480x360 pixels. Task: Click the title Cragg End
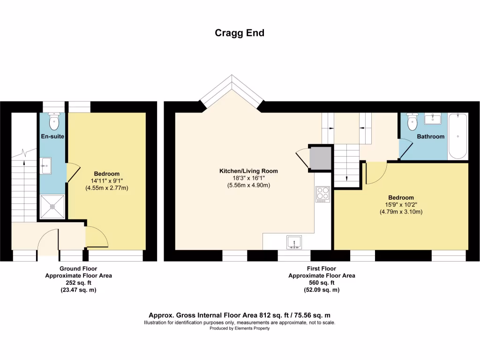click(x=240, y=33)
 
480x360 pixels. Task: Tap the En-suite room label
click(x=52, y=136)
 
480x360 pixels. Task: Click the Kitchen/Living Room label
click(x=248, y=171)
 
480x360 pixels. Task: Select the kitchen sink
click(x=294, y=242)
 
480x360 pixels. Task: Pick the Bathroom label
click(x=431, y=137)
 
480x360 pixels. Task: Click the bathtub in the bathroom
click(x=457, y=136)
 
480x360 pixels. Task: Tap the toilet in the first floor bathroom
click(x=412, y=122)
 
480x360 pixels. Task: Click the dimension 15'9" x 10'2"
click(x=401, y=205)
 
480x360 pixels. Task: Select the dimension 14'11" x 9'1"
click(x=106, y=181)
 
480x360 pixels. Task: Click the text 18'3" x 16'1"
click(x=248, y=178)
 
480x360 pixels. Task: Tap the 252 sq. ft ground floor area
click(x=78, y=283)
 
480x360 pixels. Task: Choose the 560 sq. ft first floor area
click(x=321, y=283)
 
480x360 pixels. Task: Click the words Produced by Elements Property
click(x=240, y=329)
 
